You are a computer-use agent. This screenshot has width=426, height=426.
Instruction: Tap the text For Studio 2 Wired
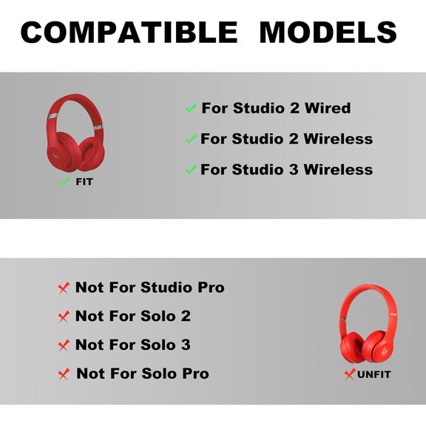click(276, 108)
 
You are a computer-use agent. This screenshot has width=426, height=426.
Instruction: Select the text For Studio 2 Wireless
click(286, 139)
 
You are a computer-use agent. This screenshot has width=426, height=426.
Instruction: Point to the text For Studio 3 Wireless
click(286, 169)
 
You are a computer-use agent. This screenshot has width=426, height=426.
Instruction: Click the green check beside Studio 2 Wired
click(191, 108)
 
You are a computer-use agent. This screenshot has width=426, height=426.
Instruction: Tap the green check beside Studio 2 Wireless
click(191, 139)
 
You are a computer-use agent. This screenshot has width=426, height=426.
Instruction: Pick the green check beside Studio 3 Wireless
click(191, 169)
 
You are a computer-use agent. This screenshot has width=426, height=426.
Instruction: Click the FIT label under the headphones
click(84, 181)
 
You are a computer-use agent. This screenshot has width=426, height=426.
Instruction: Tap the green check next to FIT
click(64, 181)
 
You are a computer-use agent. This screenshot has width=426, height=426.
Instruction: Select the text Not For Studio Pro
click(149, 287)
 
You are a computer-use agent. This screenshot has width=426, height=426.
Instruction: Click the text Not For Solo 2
click(133, 316)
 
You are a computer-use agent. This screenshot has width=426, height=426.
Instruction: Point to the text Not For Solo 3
click(133, 345)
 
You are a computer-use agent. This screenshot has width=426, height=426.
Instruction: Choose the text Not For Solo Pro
click(143, 373)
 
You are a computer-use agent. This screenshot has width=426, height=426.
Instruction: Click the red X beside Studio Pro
click(64, 287)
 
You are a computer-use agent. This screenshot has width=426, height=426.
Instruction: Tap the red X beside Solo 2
click(64, 316)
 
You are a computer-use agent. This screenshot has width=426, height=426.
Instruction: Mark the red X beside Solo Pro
click(64, 373)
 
